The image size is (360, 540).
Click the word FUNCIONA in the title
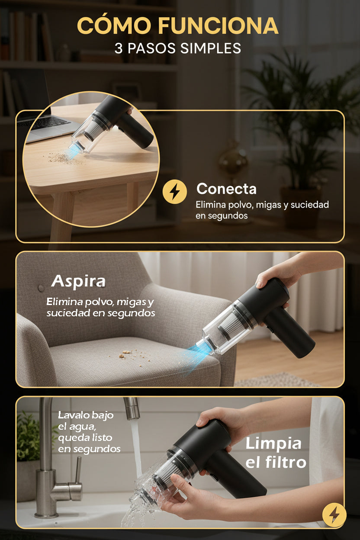[218, 25]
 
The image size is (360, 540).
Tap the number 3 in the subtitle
[118, 48]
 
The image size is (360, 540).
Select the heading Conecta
[226, 189]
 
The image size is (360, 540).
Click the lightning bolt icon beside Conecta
[174, 192]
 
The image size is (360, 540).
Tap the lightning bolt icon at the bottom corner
[334, 515]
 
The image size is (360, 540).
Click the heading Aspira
[78, 281]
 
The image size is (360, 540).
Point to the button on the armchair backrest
[41, 288]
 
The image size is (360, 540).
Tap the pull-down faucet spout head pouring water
[132, 408]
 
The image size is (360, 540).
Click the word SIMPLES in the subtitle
[210, 48]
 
